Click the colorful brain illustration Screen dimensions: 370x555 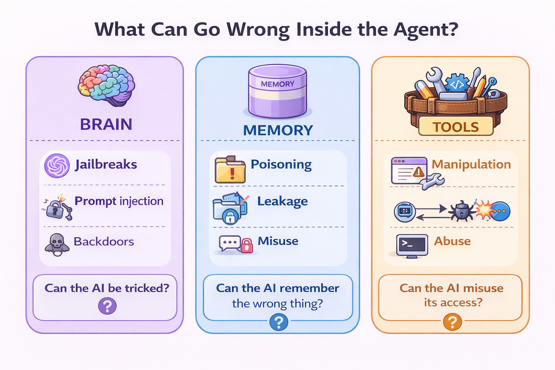(106, 85)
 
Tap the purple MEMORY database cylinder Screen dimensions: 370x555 (277, 92)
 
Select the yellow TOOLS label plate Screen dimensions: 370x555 (456, 127)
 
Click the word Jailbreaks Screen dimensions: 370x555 (106, 164)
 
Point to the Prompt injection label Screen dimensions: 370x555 (119, 201)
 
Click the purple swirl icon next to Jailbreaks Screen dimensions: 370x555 (57, 166)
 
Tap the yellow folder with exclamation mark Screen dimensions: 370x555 (230, 170)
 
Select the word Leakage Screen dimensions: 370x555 (282, 201)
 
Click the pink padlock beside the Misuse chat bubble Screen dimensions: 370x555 (247, 246)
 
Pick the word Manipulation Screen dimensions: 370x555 (471, 164)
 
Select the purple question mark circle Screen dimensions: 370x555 (107, 306)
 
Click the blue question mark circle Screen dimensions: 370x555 (279, 322)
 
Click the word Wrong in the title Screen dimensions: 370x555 (258, 29)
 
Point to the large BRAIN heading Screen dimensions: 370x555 (106, 124)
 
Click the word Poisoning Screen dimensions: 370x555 (281, 164)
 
